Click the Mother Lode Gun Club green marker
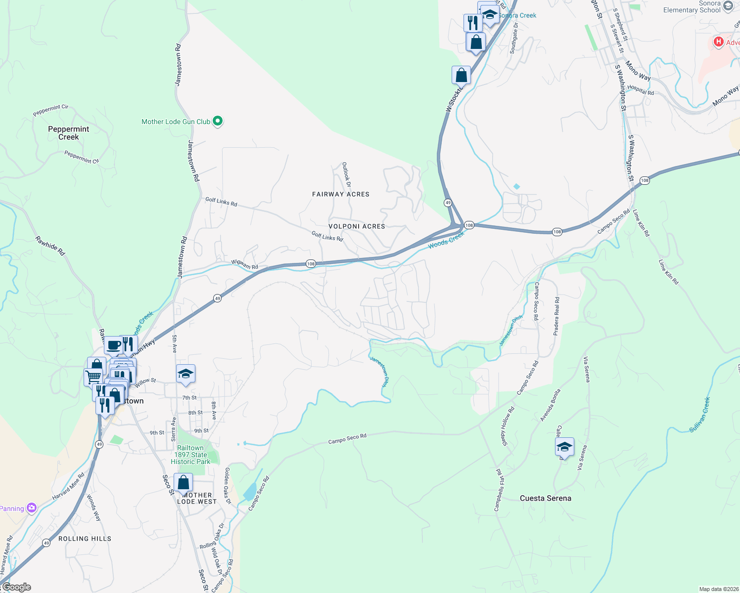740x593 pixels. [217, 121]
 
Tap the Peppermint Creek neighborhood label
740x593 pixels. [68, 133]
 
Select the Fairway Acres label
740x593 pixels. [341, 194]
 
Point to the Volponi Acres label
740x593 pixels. [357, 226]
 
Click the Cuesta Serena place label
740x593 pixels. [545, 498]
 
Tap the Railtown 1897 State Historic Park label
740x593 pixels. [190, 455]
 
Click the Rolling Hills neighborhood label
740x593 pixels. [85, 539]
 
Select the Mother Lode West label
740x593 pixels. [197, 498]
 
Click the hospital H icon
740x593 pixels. [718, 42]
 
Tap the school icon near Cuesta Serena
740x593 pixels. [564, 447]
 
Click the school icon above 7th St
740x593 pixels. [185, 374]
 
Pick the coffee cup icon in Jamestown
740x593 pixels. [114, 345]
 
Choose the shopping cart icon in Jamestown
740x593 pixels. [93, 377]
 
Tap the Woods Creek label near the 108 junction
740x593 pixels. [446, 240]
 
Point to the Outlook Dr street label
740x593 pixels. [347, 175]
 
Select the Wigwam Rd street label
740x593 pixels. [245, 264]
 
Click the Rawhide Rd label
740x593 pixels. [50, 246]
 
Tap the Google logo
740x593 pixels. [17, 587]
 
